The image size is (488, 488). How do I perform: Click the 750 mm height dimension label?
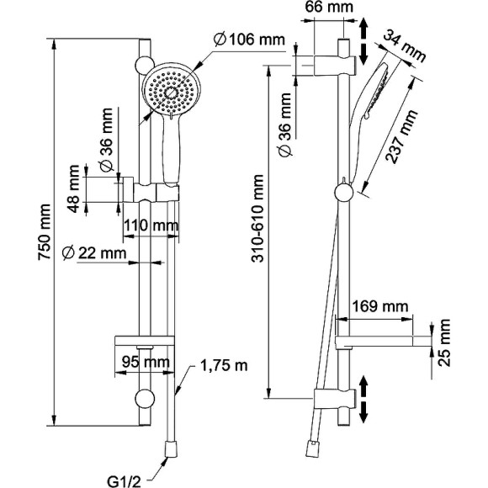coord(45,232)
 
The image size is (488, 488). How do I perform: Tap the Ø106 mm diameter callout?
coord(249,40)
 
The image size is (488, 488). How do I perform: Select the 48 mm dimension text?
coord(74,189)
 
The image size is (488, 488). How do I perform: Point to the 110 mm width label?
coord(151,225)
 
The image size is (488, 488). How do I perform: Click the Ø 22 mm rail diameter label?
coord(94,253)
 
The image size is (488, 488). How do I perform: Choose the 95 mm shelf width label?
coord(146,362)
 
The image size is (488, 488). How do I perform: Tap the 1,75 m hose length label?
coord(224,366)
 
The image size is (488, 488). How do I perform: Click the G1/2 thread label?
coord(125,481)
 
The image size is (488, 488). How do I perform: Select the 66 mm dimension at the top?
coord(329,8)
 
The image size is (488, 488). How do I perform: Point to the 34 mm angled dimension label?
coord(404,46)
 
